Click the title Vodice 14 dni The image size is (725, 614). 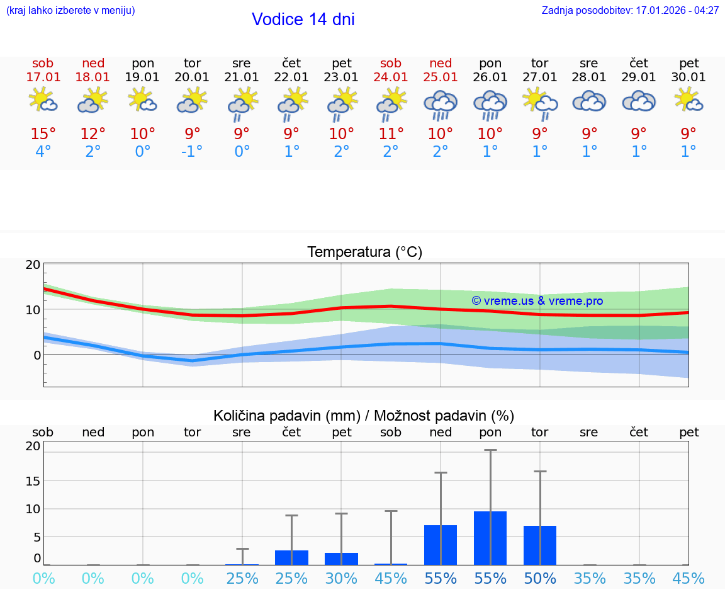pos(303,20)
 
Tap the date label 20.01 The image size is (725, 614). pos(192,77)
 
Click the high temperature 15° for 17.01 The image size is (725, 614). pos(43,134)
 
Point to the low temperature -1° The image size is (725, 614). pos(192,152)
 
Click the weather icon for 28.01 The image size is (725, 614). pos(589,101)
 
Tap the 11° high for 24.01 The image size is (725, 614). pos(391,134)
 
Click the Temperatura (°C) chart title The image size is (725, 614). pos(364,253)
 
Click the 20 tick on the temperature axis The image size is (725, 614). pos(33,264)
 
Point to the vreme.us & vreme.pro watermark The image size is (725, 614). pos(537,301)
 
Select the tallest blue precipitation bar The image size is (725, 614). pos(490,538)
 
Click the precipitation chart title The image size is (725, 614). pos(364,416)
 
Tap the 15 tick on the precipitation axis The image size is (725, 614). pos(33,480)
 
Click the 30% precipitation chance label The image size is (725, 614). pos(341,578)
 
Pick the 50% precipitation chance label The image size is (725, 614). pos(540,578)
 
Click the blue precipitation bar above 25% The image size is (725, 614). pos(291,557)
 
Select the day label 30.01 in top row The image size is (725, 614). pos(688,77)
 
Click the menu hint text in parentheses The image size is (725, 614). pos(70,11)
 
